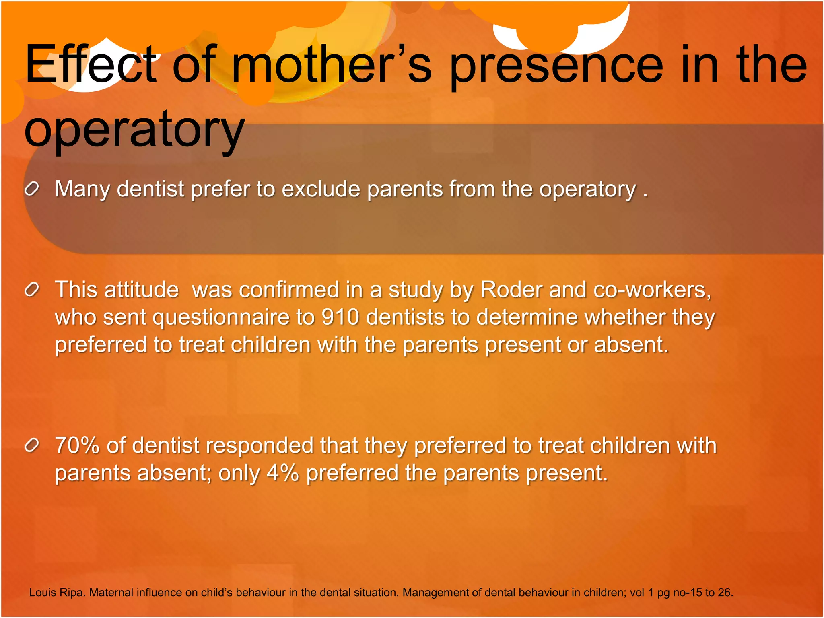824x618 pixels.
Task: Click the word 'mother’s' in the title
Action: coord(332,64)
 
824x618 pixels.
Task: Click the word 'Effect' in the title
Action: coord(91,64)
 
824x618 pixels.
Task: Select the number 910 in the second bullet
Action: coord(340,317)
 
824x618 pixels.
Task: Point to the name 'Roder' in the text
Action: coord(511,290)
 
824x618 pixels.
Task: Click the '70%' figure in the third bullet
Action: coord(77,445)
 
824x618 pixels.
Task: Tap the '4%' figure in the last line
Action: coord(282,473)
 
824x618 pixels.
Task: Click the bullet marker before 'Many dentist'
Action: coord(32,188)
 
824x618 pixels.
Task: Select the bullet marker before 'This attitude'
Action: coord(32,289)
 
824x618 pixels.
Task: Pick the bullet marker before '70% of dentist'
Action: coord(32,445)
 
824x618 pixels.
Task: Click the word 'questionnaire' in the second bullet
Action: coord(221,317)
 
